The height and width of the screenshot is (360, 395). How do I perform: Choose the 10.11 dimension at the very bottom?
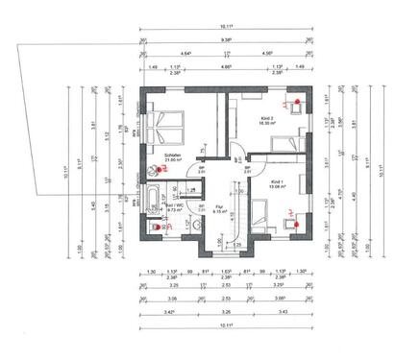224,327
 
